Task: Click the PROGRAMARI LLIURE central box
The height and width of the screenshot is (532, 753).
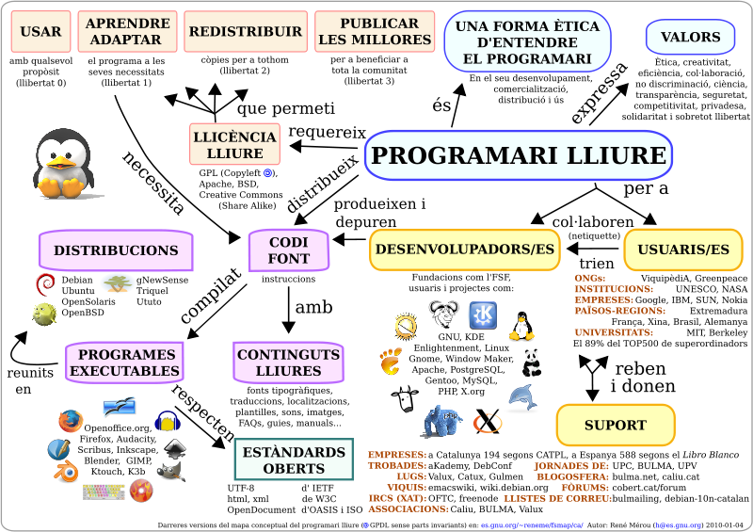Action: [x=518, y=155]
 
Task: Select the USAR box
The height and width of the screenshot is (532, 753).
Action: [x=40, y=32]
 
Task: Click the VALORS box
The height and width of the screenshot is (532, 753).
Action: [x=690, y=38]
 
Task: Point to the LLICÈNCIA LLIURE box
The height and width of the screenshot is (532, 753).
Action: [x=235, y=144]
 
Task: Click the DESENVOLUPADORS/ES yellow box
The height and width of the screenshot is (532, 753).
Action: [x=464, y=249]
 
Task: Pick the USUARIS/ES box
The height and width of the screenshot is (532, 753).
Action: [x=682, y=250]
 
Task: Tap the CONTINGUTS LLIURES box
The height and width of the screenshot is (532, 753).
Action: [x=288, y=363]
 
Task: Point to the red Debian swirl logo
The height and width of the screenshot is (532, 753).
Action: [x=45, y=284]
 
